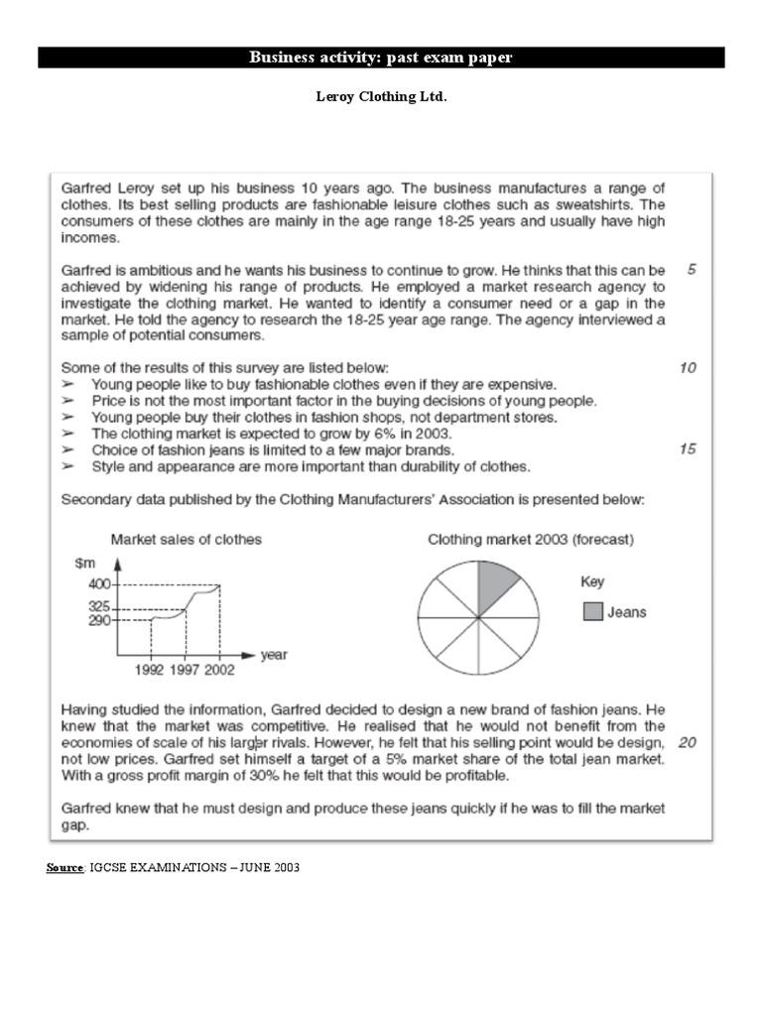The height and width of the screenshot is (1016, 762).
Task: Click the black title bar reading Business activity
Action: [x=381, y=58]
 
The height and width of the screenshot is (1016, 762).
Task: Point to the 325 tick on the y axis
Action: [x=101, y=607]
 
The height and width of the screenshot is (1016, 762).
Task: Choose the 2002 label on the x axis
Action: [x=219, y=670]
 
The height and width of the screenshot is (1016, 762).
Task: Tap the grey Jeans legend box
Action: [x=591, y=612]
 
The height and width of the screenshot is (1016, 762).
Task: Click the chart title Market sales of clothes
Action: [x=186, y=540]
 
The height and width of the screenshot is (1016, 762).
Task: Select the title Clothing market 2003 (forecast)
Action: [x=531, y=540]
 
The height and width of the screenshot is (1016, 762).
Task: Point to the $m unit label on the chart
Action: [x=84, y=564]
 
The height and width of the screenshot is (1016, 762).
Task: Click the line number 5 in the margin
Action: [x=691, y=270]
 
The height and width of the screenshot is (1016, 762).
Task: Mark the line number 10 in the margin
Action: [x=688, y=368]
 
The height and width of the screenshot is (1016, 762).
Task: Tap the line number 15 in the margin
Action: [x=688, y=449]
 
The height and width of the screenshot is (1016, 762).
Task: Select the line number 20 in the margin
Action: [x=687, y=742]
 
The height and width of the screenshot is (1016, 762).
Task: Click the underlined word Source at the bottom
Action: [x=65, y=868]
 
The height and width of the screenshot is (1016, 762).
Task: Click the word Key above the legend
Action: [x=592, y=581]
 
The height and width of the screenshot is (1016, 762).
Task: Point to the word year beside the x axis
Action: [x=274, y=655]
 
